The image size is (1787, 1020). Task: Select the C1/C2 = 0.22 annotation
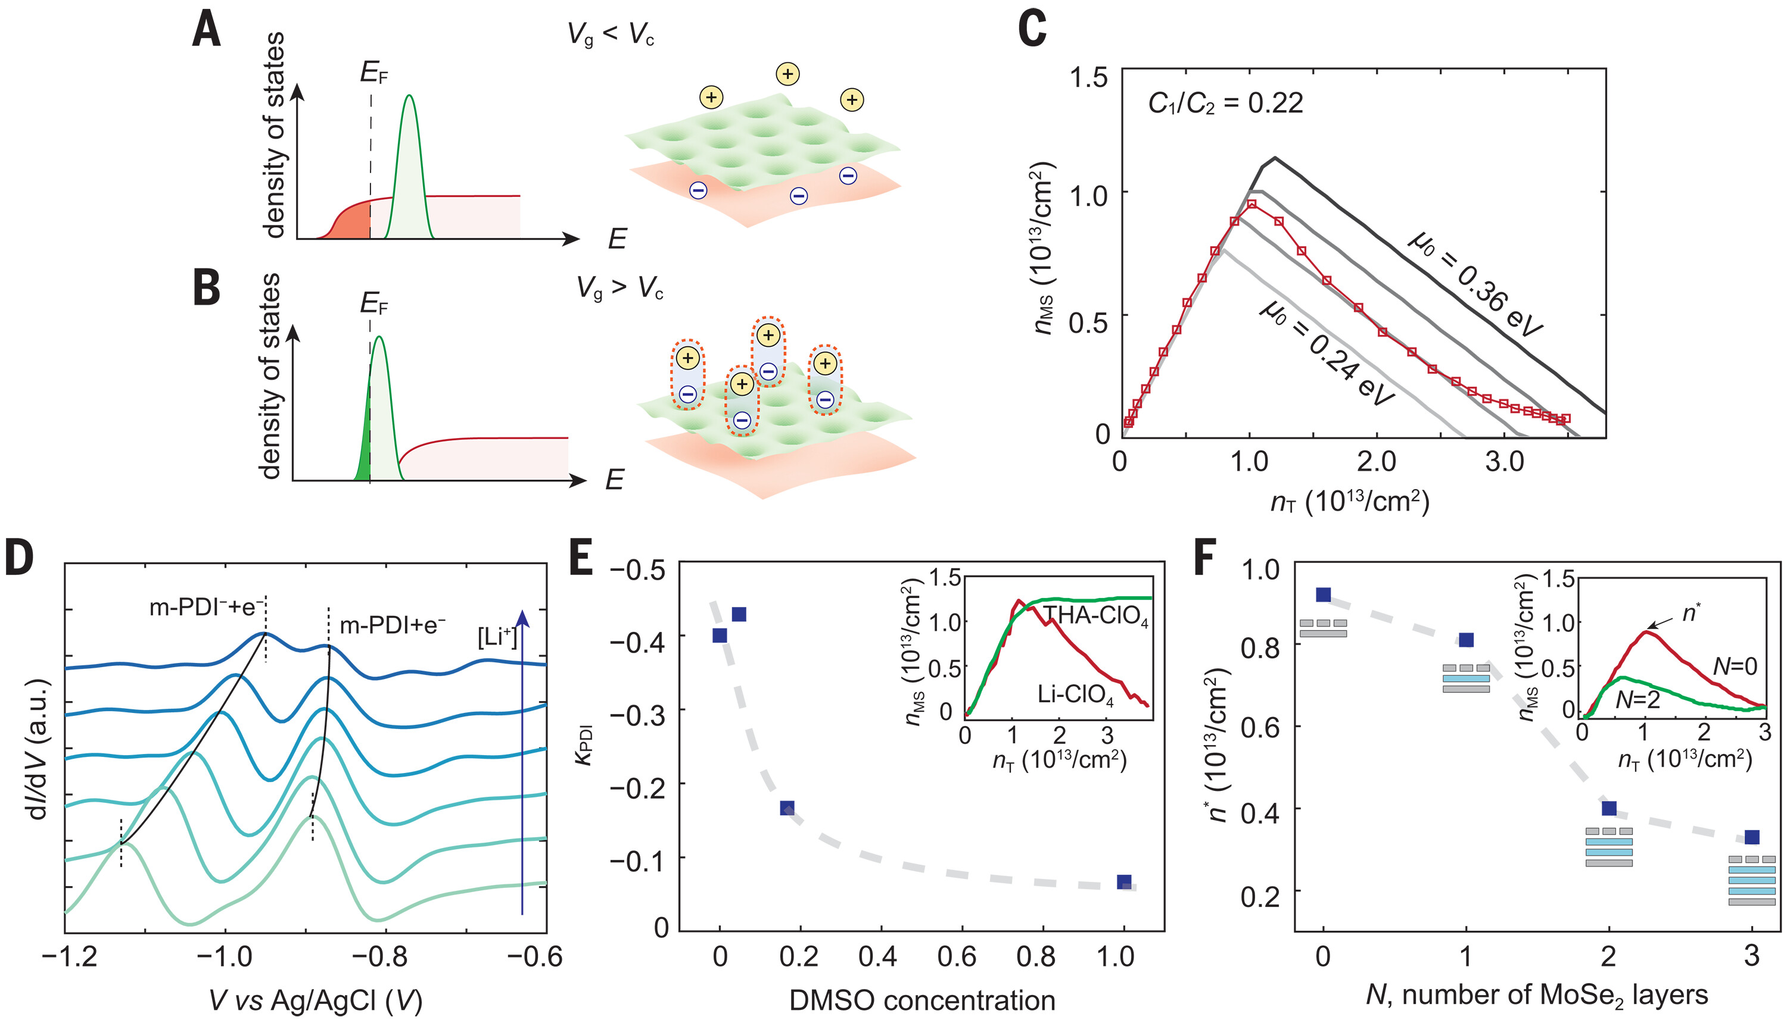pos(1225,104)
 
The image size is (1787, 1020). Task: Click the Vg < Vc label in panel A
pos(610,34)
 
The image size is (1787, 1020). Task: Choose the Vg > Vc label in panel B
pos(619,288)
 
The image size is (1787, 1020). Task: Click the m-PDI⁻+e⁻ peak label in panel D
pos(206,606)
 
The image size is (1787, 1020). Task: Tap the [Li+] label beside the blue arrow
pos(497,636)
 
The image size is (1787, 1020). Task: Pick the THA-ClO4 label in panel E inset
pos(1096,616)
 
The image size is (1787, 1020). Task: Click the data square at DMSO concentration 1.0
pos(1124,882)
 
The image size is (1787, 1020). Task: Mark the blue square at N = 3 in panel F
pos(1751,837)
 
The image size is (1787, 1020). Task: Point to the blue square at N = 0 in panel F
pos(1323,595)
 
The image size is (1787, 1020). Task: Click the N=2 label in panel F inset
pos(1637,699)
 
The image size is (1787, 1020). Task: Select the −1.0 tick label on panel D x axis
pos(226,956)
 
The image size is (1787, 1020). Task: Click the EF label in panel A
pos(373,72)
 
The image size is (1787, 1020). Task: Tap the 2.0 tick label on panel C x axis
pos(1375,462)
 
